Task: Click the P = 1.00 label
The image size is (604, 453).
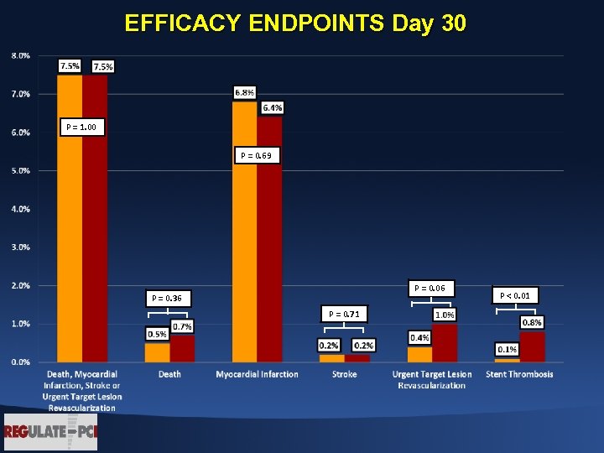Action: [x=81, y=128]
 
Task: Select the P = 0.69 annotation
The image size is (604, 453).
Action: [x=256, y=156]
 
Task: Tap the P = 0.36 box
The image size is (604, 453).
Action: [x=168, y=298]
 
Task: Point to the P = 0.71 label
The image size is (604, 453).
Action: [x=344, y=314]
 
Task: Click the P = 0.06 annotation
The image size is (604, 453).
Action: [x=431, y=289]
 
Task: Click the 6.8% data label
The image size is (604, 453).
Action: [x=245, y=91]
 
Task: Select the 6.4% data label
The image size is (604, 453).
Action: [x=272, y=107]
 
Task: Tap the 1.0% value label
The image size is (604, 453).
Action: [x=444, y=315]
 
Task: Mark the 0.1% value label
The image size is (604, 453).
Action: [x=507, y=349]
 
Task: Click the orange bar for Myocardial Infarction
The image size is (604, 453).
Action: [x=245, y=235]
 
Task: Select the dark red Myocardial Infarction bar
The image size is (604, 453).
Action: [x=269, y=243]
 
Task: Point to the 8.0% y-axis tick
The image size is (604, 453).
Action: [x=21, y=55]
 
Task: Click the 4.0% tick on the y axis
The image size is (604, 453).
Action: [x=21, y=209]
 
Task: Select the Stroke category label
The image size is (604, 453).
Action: [x=344, y=374]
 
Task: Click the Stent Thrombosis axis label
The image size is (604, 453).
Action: [x=519, y=374]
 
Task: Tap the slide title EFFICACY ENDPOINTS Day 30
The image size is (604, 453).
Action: [x=294, y=23]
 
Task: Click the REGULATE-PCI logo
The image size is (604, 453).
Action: [x=49, y=432]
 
